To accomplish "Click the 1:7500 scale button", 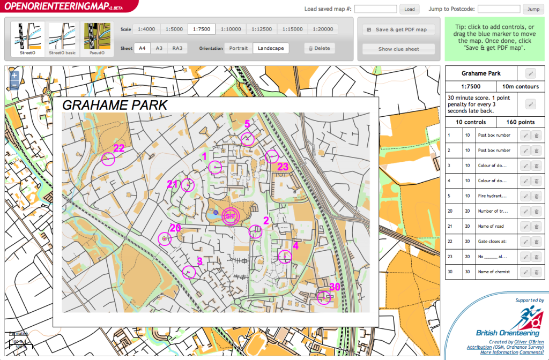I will (x=202, y=29).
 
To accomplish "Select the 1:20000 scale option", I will (x=323, y=29).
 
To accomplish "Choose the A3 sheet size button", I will (x=159, y=48).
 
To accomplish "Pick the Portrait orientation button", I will (x=239, y=48).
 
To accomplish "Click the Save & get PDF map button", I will (x=398, y=29).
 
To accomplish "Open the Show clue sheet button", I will (x=398, y=49).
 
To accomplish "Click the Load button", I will (x=409, y=9).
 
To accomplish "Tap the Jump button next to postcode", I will (x=533, y=9).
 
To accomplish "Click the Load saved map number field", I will (x=375, y=9).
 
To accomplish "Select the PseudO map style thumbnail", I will (x=97, y=39).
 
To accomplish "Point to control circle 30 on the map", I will (x=324, y=297).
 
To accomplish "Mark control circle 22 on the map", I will (x=109, y=159).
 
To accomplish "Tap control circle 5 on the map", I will (x=247, y=139).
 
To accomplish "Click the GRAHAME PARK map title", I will (x=115, y=105).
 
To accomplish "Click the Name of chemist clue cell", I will (x=496, y=272).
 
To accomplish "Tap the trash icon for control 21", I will (x=536, y=227).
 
